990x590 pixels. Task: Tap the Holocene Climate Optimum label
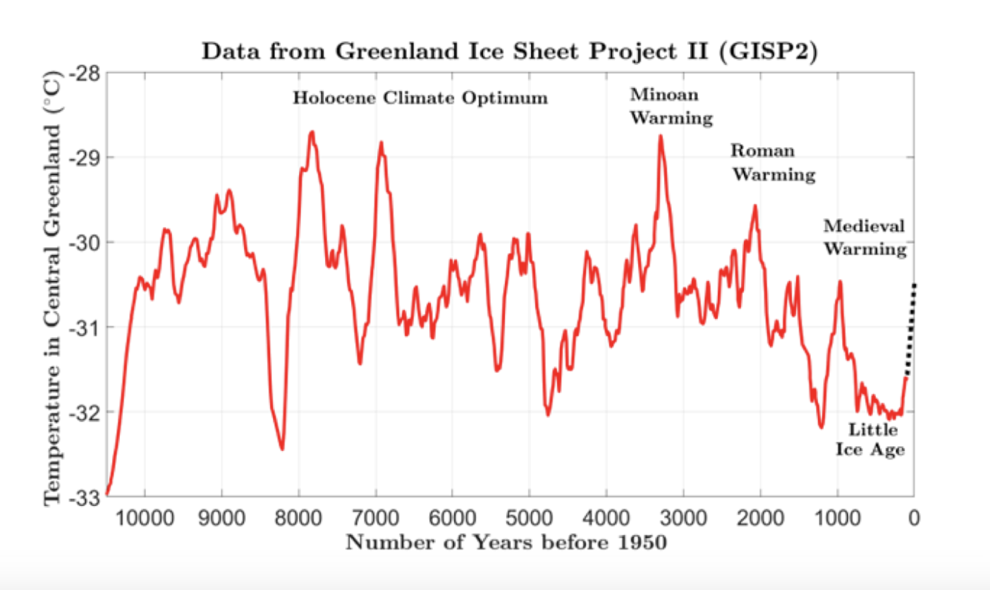coord(420,98)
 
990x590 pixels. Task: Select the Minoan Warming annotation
coord(671,106)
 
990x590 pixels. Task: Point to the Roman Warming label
coord(773,162)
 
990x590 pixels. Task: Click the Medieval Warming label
coord(864,238)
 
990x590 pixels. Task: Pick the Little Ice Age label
coord(871,439)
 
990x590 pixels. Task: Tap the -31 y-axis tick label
coord(88,327)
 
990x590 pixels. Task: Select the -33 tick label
coord(88,498)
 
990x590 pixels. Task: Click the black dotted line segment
coord(911,328)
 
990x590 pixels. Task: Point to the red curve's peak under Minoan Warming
coord(661,136)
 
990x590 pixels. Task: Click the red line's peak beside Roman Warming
coord(755,206)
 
